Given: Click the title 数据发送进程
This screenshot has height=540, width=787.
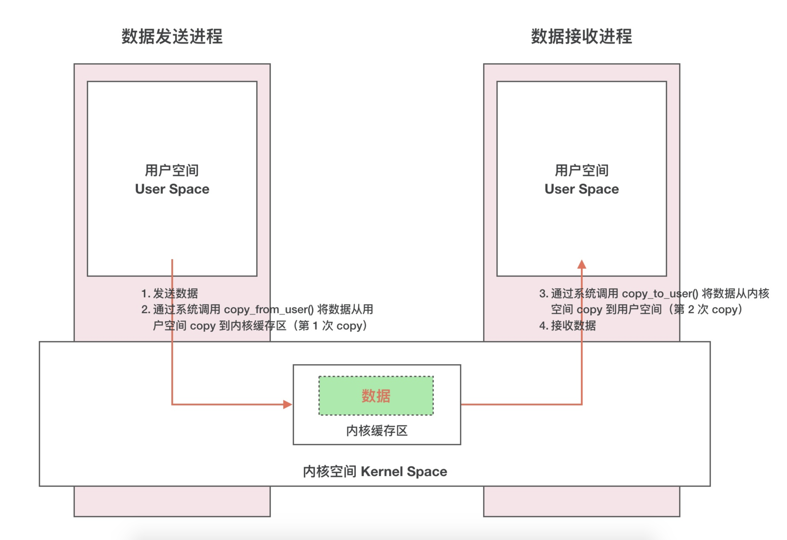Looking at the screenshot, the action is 172,36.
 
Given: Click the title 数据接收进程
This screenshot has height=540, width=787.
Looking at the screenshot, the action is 582,36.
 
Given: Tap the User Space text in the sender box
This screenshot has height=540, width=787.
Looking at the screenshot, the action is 172,189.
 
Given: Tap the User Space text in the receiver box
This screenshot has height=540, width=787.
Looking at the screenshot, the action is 582,189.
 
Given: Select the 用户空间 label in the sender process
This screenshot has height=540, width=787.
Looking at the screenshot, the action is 172,170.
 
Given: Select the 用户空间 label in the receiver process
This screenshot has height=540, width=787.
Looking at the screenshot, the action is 582,170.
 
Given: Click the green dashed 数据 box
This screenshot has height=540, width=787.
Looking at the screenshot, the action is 376,395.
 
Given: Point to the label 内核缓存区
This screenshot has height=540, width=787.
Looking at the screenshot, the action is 376,431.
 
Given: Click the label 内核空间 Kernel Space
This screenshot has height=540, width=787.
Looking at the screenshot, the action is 375,471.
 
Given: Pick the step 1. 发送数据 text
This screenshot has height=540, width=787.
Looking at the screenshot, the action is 169,293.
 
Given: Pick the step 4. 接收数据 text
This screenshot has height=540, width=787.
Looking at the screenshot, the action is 567,326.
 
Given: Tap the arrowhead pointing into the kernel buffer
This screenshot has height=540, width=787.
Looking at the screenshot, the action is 288,404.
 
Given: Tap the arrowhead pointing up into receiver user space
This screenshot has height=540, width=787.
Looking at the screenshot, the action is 582,264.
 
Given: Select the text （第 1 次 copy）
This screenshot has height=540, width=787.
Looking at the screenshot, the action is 330,326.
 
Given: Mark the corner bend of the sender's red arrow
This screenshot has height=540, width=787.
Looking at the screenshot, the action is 172,404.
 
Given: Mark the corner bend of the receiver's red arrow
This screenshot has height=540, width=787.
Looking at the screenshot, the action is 582,404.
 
